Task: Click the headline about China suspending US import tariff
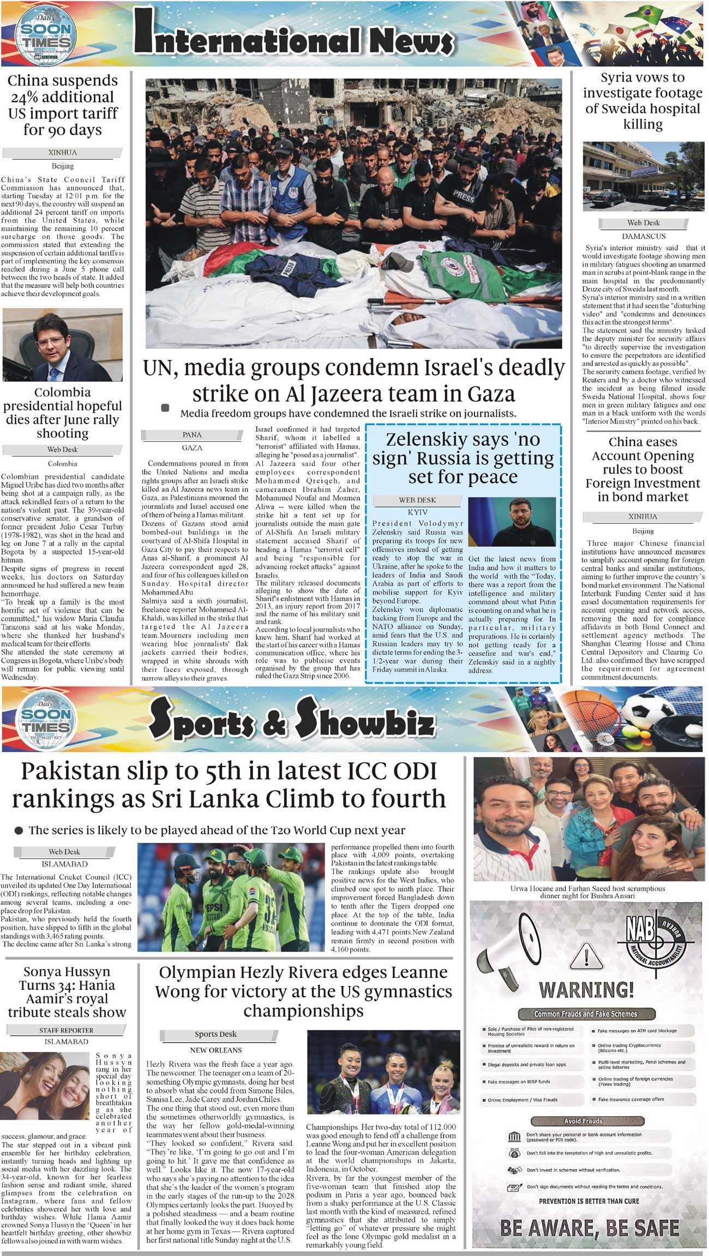pos(63,105)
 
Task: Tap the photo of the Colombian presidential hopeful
pos(63,345)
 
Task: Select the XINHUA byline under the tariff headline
pos(62,153)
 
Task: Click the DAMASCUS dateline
pos(644,236)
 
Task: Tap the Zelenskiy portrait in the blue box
pos(512,521)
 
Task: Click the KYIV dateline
pos(417,513)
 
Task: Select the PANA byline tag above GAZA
pos(192,435)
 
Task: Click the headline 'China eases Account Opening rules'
pos(643,469)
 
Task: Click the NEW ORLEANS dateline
pos(215,1050)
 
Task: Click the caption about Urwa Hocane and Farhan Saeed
pos(587,892)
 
